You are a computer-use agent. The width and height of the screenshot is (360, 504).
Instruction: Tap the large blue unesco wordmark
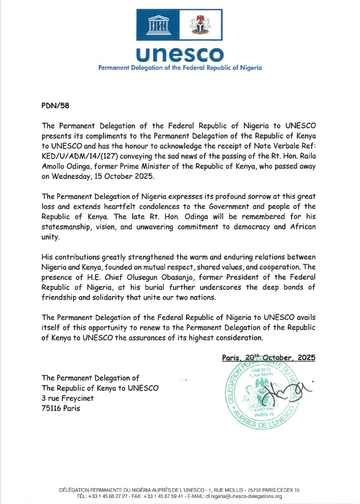pos(180,54)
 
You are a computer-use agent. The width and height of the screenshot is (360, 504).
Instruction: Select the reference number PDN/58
pos(55,106)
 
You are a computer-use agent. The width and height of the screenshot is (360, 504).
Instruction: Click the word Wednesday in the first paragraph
pos(75,167)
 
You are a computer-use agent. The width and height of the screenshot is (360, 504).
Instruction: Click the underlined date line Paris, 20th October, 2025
pos(269,357)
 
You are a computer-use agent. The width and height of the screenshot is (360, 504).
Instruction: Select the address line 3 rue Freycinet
pos(67,398)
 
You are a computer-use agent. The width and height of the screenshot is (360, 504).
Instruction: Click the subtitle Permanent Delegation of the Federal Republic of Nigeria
pos(180,68)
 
